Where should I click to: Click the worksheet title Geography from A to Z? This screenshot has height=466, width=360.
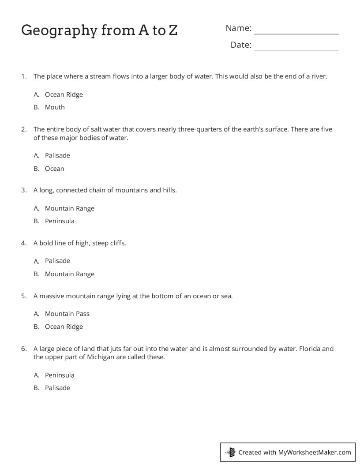coord(99,30)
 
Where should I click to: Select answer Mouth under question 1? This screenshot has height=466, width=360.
coord(55,107)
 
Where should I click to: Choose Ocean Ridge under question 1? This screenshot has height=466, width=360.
coord(64,94)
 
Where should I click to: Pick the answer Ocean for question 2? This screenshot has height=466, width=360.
coord(54,169)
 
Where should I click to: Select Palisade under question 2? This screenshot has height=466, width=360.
coord(57,155)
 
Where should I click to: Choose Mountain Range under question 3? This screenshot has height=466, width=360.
coord(69,208)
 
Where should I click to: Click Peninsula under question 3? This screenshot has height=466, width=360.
coord(60,221)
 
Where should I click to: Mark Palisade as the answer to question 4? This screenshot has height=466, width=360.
coord(57,261)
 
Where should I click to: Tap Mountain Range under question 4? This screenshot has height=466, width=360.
coord(69,274)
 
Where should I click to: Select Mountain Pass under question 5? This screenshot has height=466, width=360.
coord(67,314)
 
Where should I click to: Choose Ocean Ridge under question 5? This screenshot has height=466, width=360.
coord(64,327)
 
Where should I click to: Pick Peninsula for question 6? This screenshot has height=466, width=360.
coord(60,375)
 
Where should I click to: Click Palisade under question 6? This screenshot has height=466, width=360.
coord(57,388)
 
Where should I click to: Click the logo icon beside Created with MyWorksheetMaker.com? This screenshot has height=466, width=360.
coord(230,452)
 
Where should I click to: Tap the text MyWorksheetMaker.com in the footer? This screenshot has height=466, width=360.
coord(315,452)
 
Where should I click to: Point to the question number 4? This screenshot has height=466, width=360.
coord(24,243)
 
